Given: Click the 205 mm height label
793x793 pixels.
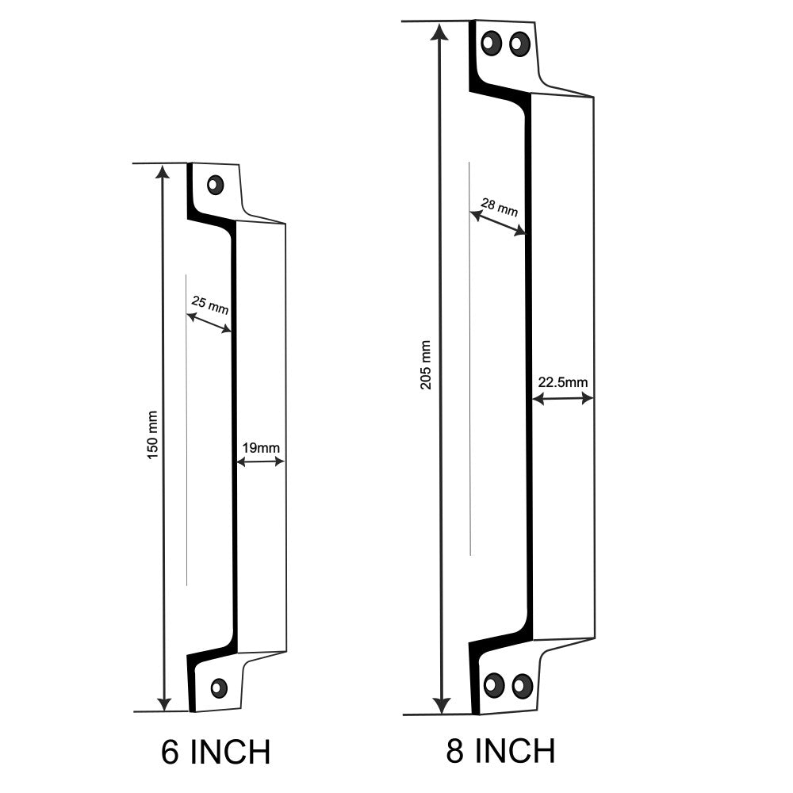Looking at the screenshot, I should pyautogui.click(x=426, y=365).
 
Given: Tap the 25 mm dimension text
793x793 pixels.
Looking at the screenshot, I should pyautogui.click(x=209, y=304).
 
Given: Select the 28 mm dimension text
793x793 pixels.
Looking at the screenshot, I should pyautogui.click(x=500, y=208).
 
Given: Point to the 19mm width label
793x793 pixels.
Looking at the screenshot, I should pyautogui.click(x=260, y=448).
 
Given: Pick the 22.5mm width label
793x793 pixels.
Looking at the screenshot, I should pyautogui.click(x=563, y=382).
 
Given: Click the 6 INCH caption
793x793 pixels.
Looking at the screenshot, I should pyautogui.click(x=215, y=751).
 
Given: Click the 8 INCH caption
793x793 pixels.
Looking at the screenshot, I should pyautogui.click(x=500, y=750).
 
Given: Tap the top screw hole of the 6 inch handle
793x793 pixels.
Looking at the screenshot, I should pyautogui.click(x=215, y=185).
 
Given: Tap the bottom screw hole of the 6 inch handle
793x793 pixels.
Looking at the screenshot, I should pyautogui.click(x=219, y=688).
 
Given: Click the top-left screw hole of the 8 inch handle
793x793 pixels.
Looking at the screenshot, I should pyautogui.click(x=492, y=43).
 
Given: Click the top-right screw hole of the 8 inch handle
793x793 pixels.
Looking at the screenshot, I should pyautogui.click(x=519, y=44).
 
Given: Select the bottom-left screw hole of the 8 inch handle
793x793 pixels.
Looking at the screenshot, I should pyautogui.click(x=494, y=684).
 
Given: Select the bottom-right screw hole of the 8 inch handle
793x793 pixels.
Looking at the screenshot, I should pyautogui.click(x=521, y=685).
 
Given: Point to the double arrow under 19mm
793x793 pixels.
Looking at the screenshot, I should pyautogui.click(x=261, y=462).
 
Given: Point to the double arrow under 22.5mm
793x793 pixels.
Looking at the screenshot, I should pyautogui.click(x=563, y=398).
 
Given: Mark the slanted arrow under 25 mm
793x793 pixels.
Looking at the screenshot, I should pyautogui.click(x=209, y=323).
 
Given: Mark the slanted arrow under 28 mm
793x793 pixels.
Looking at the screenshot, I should pyautogui.click(x=498, y=223).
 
